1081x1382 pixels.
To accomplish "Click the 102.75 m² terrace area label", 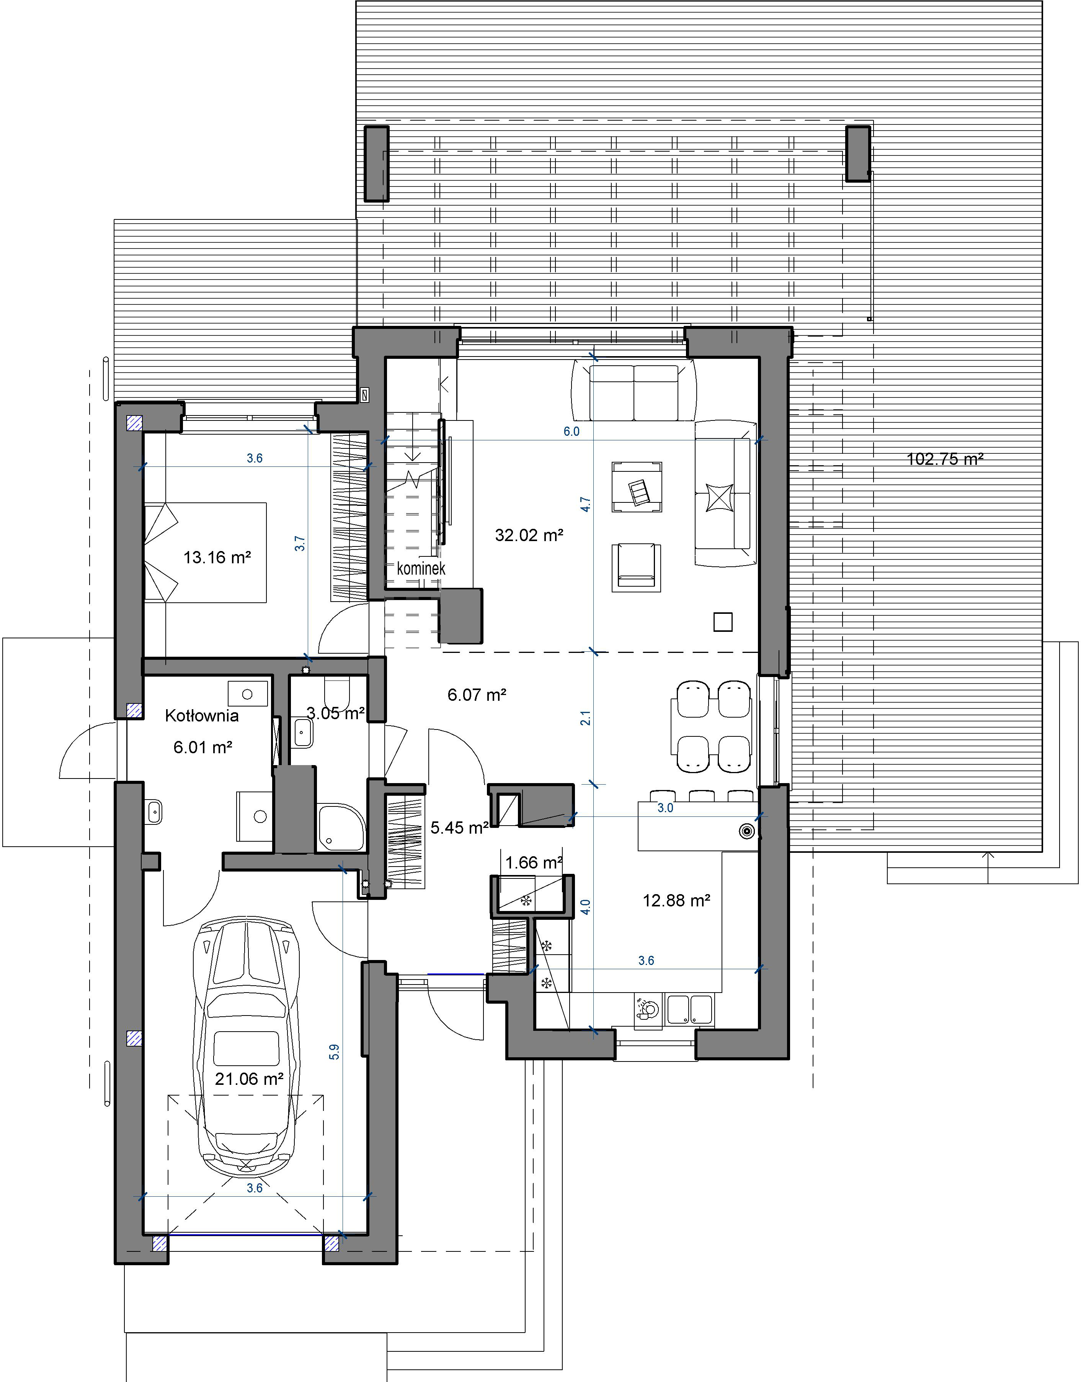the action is tap(945, 459).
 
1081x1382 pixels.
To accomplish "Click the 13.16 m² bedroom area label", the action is tap(217, 557).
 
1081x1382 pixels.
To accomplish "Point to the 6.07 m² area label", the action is tap(477, 695).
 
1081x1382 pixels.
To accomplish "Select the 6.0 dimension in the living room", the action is tap(572, 432).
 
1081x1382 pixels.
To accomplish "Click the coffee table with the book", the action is tap(637, 487).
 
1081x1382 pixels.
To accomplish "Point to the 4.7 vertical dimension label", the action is tap(586, 505).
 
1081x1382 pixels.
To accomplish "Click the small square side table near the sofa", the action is tap(723, 622).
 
